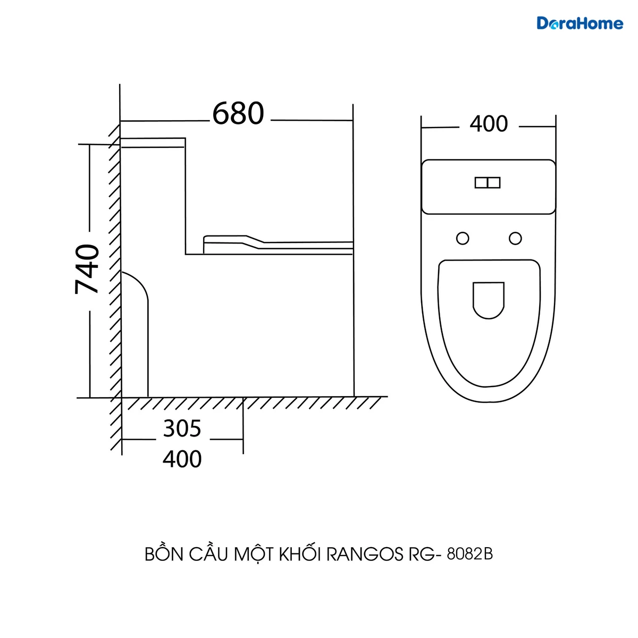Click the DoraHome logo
(x=580, y=23)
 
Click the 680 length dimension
(x=238, y=114)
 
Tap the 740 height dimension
(x=87, y=269)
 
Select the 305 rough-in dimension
(x=182, y=428)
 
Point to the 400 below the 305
(x=182, y=459)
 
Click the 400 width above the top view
(x=489, y=124)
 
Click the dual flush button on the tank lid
(x=488, y=182)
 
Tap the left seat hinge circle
(x=463, y=238)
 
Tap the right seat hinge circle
(x=515, y=238)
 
